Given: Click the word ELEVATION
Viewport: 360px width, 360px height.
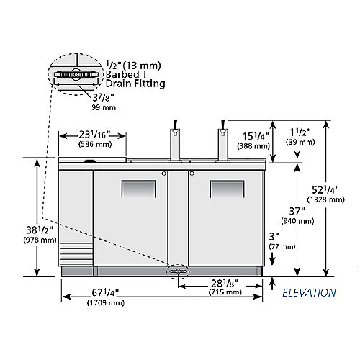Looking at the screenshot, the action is (x=309, y=293).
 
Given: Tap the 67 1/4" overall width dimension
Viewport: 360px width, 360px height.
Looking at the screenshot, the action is (x=105, y=293).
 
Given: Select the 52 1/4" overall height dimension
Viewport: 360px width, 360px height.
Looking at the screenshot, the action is (x=325, y=190).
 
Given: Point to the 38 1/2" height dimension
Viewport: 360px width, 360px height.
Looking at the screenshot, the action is (x=40, y=230).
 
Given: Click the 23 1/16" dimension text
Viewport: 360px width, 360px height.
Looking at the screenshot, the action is (x=95, y=135).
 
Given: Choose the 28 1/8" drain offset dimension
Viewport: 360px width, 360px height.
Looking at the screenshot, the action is (x=225, y=284).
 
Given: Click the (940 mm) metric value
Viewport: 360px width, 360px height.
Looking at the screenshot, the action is (x=297, y=221).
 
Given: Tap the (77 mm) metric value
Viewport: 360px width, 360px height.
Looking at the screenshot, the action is (x=282, y=246).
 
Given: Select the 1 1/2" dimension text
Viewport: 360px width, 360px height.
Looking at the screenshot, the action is (x=300, y=132).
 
